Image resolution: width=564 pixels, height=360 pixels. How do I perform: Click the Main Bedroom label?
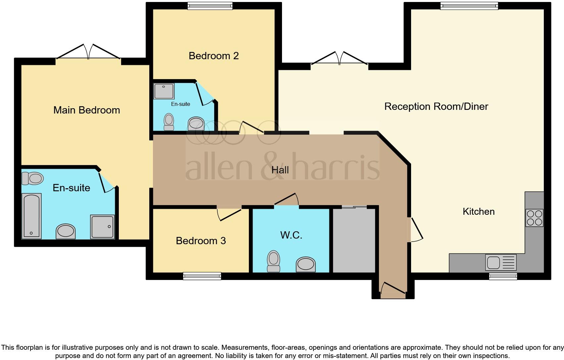pyautogui.click(x=87, y=110)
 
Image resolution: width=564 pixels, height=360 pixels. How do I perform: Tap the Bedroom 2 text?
pyautogui.click(x=213, y=56)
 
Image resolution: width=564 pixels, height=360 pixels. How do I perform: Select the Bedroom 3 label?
pyautogui.click(x=201, y=241)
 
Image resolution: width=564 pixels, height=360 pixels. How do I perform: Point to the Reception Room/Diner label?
pyautogui.click(x=436, y=107)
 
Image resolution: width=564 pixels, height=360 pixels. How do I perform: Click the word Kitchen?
pyautogui.click(x=478, y=211)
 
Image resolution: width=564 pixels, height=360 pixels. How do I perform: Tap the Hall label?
pyautogui.click(x=280, y=170)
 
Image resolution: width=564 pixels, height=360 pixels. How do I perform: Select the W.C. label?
pyautogui.click(x=291, y=235)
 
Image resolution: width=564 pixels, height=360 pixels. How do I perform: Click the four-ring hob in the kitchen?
pyautogui.click(x=534, y=218)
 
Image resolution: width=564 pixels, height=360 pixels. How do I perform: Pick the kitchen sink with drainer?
pyautogui.click(x=500, y=262)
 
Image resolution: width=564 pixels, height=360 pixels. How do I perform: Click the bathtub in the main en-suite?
pyautogui.click(x=31, y=216)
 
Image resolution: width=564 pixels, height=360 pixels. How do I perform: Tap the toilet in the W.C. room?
pyautogui.click(x=273, y=261)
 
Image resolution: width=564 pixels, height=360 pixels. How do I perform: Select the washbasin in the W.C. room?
pyautogui.click(x=305, y=264)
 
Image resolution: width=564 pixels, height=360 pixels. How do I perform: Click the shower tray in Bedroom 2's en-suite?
pyautogui.click(x=164, y=91)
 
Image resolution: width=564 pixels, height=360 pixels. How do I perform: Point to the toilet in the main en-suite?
pyautogui.click(x=32, y=178)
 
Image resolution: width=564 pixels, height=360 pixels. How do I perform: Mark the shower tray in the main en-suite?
pyautogui.click(x=103, y=227)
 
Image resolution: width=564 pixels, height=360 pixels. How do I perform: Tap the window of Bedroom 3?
pyautogui.click(x=202, y=276)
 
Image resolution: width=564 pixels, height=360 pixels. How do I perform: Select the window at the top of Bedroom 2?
pyautogui.click(x=210, y=6)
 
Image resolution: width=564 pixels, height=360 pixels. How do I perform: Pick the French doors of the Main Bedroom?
pyautogui.click(x=88, y=55)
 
